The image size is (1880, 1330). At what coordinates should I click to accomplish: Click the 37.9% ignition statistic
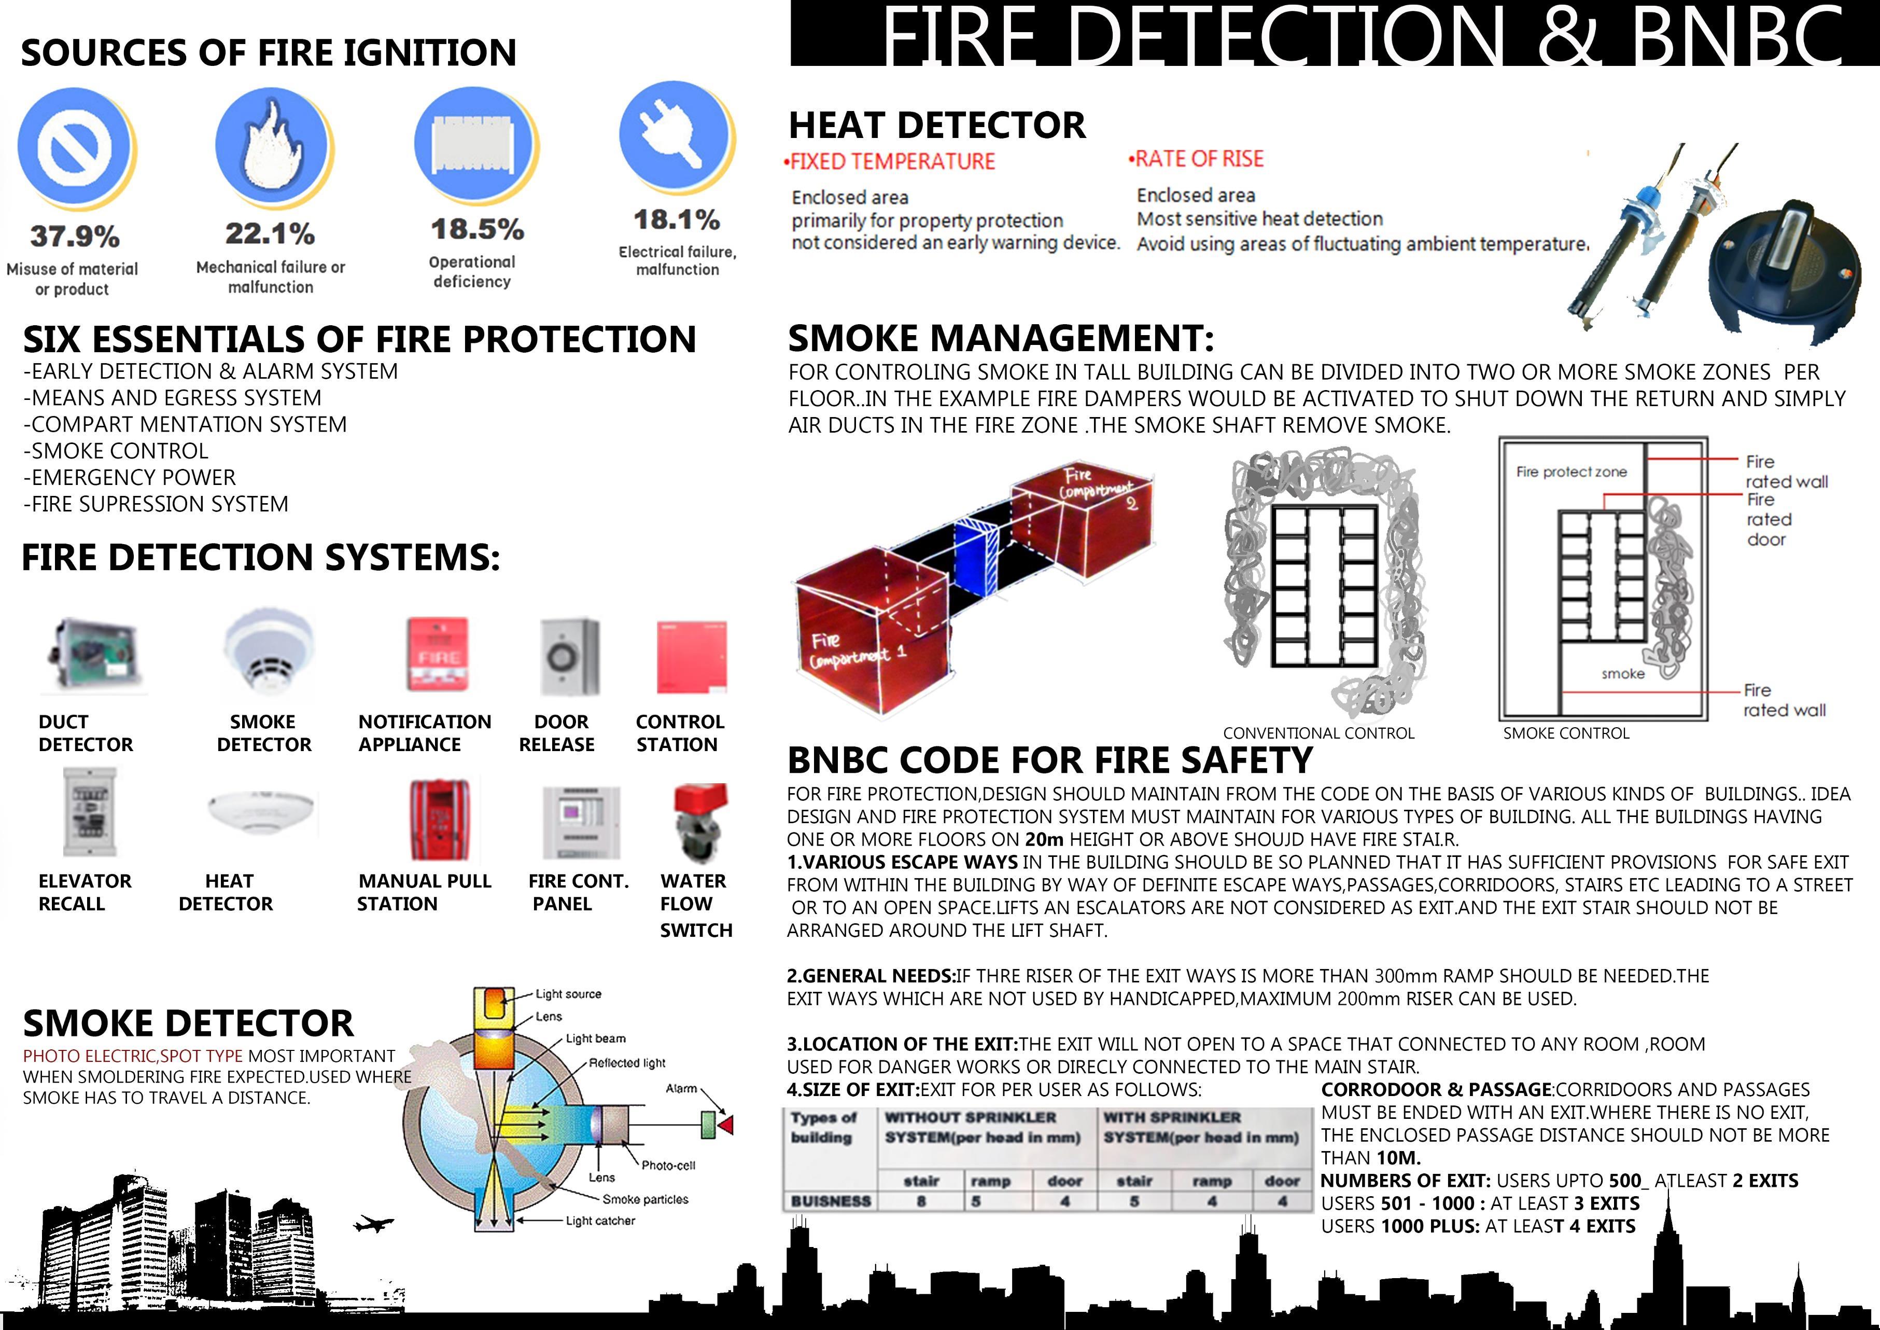coord(75,237)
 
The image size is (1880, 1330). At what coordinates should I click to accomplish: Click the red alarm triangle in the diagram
coord(725,1124)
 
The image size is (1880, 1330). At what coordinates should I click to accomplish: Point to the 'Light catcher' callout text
coord(600,1220)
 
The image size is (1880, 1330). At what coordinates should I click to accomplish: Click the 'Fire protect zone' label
coord(1570,472)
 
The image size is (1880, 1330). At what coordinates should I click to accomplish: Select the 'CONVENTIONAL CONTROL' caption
coord(1318,733)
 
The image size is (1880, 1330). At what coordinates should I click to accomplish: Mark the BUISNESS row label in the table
coord(830,1201)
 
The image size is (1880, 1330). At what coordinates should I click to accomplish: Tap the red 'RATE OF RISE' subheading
coord(1198,159)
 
